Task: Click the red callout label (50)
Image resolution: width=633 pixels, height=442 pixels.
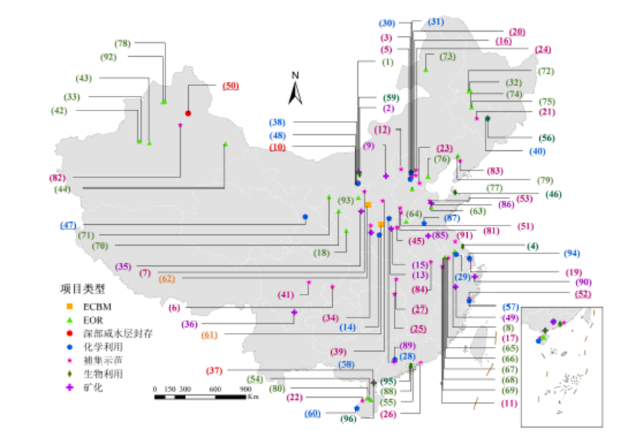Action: pyautogui.click(x=230, y=86)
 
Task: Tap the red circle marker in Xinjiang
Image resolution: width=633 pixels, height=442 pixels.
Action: pyautogui.click(x=188, y=113)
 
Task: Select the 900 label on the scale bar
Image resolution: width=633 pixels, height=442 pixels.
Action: pyautogui.click(x=246, y=389)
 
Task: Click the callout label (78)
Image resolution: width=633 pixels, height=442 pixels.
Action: pyautogui.click(x=122, y=43)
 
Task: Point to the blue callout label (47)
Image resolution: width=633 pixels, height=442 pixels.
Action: pyautogui.click(x=69, y=224)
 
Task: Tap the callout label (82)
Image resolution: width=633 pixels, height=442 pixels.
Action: pyautogui.click(x=58, y=178)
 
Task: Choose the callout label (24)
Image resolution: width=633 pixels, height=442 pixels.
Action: pyautogui.click(x=543, y=50)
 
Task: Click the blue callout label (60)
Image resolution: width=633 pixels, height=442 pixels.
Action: pyautogui.click(x=313, y=414)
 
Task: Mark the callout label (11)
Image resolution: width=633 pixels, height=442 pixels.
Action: pyautogui.click(x=510, y=403)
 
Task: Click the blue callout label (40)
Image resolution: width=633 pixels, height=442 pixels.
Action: pyautogui.click(x=537, y=152)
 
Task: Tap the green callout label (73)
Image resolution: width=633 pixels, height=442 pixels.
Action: pyautogui.click(x=447, y=57)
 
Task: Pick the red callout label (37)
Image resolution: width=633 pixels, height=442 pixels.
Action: pyautogui.click(x=214, y=370)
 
